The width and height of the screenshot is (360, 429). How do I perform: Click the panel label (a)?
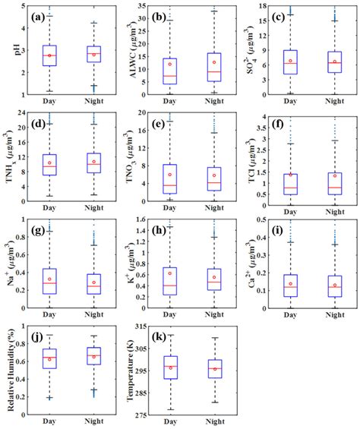(x=36, y=15)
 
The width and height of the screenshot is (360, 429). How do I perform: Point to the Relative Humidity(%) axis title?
(x=8, y=371)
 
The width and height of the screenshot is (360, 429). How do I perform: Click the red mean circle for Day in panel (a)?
(x=49, y=55)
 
